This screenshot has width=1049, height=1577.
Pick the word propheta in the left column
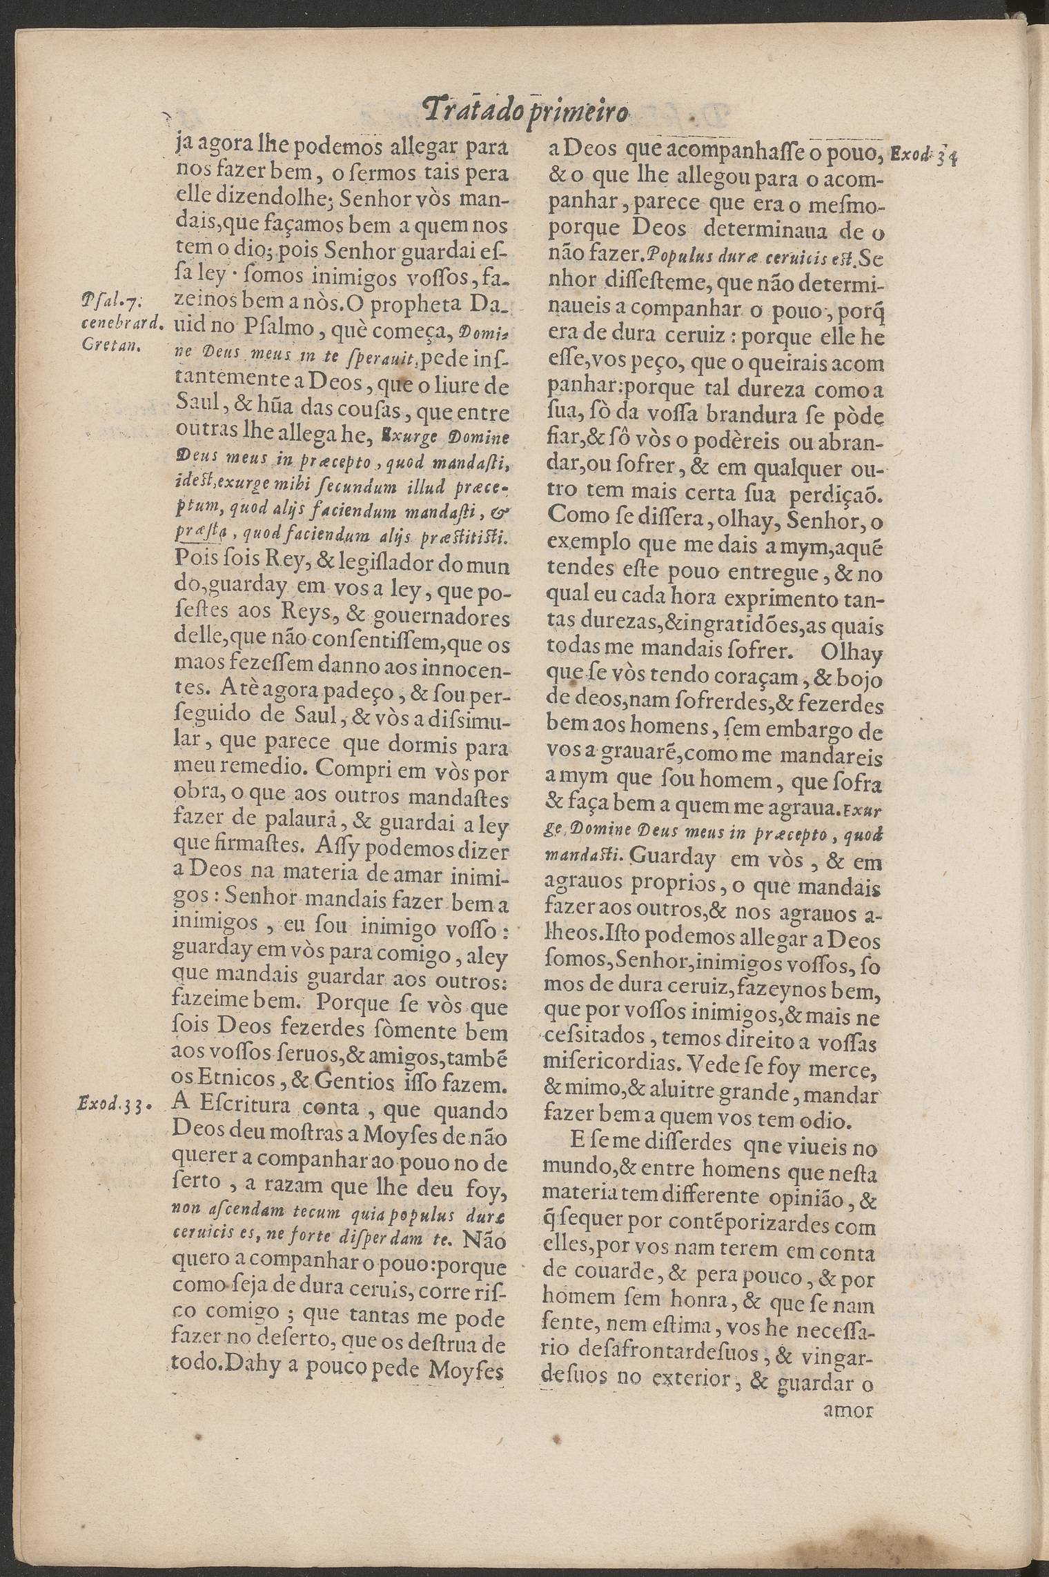[x=400, y=304]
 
